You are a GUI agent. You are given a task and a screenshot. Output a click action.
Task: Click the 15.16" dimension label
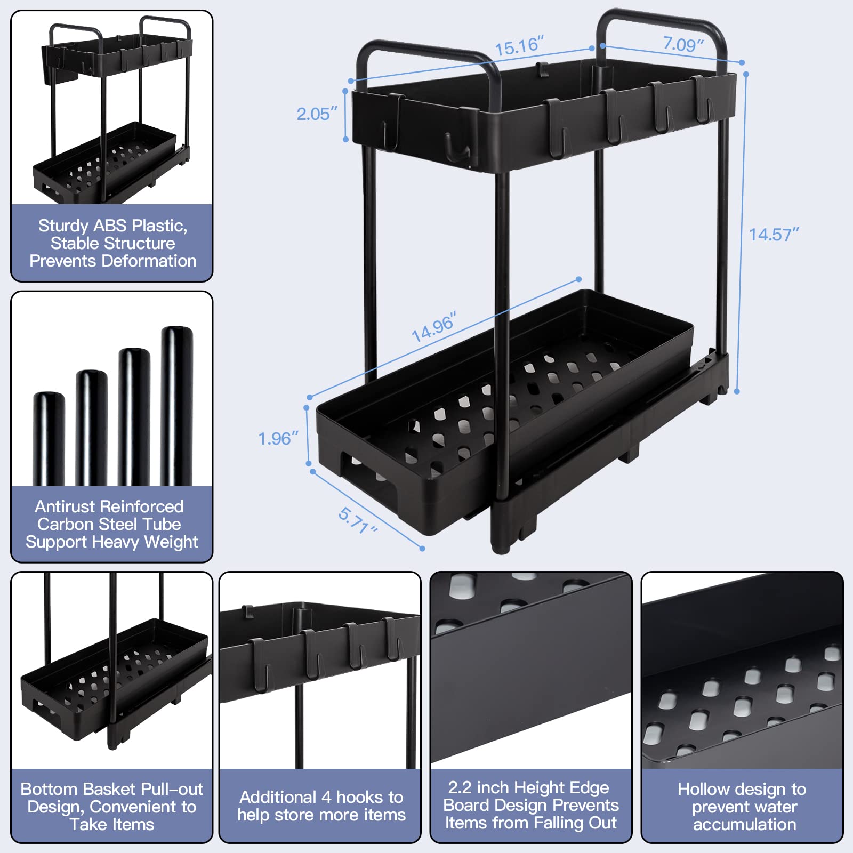(519, 46)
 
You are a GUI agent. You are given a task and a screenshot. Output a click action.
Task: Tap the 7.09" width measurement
(683, 44)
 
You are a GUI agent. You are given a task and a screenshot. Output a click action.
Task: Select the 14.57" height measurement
(774, 235)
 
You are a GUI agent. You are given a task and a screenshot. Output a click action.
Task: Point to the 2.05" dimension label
(317, 114)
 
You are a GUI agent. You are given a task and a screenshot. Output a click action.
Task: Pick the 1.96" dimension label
(278, 439)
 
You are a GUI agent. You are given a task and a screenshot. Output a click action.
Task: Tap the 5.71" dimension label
(358, 520)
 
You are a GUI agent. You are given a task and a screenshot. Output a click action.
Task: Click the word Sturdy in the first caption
(63, 226)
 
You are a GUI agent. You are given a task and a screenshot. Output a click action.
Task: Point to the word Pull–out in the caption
(174, 789)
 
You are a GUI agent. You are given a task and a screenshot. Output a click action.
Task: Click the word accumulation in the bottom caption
(744, 824)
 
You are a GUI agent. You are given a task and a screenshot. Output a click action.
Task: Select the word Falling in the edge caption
(559, 823)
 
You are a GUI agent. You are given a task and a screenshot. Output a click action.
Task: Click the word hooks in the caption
(359, 797)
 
